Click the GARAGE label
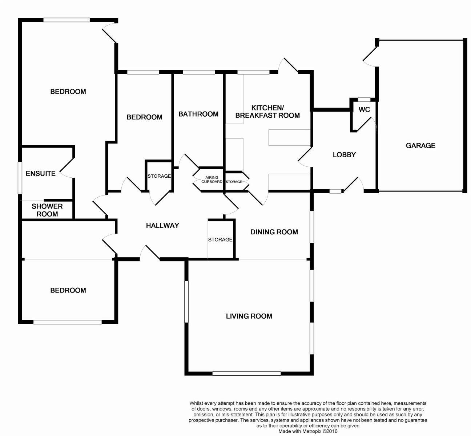[420, 146]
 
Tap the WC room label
[364, 109]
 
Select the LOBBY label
[344, 155]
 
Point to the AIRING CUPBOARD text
[212, 179]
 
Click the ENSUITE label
[41, 174]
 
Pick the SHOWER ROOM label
[47, 210]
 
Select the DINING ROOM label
[274, 232]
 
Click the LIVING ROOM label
[249, 316]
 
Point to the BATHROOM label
[198, 114]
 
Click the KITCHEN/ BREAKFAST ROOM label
[267, 112]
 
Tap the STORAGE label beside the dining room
[220, 240]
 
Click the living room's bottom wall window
[246, 373]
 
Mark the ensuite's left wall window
[20, 177]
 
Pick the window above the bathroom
[198, 72]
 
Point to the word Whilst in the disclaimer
[196, 403]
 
